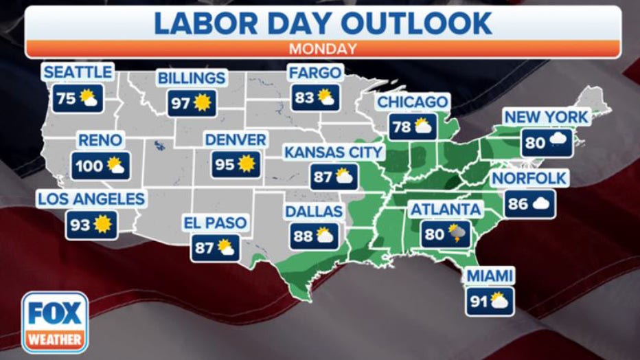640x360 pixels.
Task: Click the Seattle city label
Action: point(77,72)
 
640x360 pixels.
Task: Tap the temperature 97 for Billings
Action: point(181,103)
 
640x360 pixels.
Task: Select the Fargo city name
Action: point(315,72)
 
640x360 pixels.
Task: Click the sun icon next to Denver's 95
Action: point(246,164)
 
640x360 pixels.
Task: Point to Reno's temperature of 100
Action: point(89,166)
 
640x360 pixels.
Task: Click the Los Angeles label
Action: point(91,199)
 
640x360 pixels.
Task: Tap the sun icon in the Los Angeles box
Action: point(102,225)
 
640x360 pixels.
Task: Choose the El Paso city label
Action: point(215,223)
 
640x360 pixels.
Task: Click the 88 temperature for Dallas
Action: point(303,236)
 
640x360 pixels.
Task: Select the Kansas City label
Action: point(333,151)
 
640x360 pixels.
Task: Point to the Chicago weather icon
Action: point(422,127)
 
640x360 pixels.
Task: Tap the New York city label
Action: point(547,117)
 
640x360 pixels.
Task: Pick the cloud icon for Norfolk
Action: point(542,203)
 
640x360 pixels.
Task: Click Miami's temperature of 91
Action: point(479,301)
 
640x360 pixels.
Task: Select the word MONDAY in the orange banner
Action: point(323,49)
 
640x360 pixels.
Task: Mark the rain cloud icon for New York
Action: point(558,142)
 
